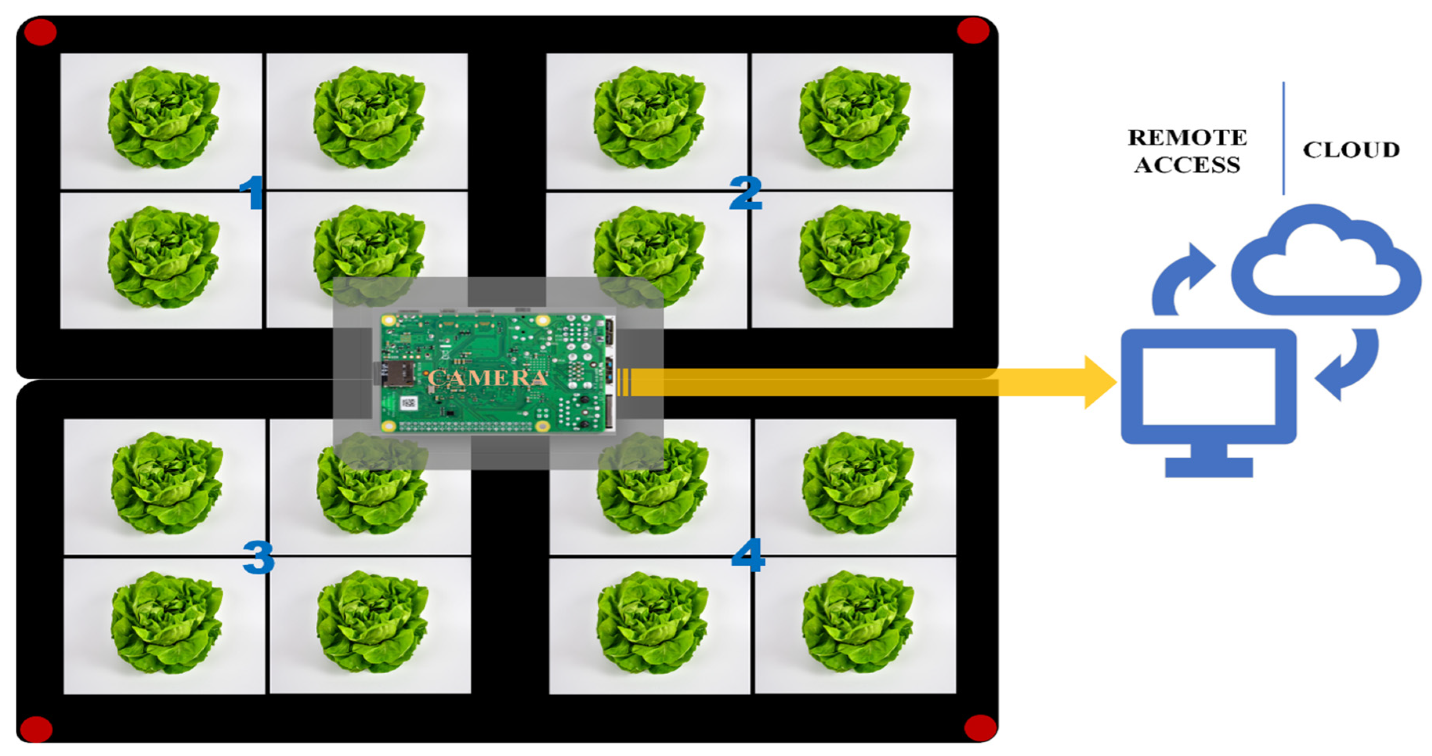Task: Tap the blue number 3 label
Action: [259, 557]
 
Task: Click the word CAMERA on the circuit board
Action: [488, 378]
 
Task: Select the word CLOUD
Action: [1351, 150]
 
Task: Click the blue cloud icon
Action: [1326, 261]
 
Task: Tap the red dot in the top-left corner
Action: [40, 32]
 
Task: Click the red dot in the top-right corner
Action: [973, 30]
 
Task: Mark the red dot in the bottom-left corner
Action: [36, 729]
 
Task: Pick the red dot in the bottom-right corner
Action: [980, 728]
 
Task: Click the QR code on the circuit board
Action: [409, 402]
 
